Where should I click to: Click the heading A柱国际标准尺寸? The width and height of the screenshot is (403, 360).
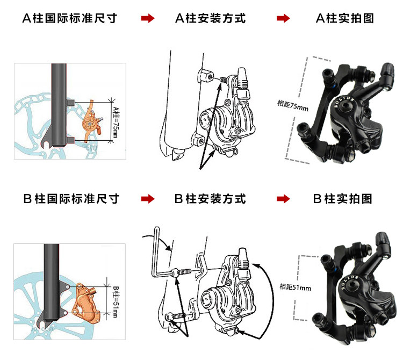point(70,18)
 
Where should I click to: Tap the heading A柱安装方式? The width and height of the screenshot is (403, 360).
point(210,18)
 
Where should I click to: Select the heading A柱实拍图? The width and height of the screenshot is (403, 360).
point(344,18)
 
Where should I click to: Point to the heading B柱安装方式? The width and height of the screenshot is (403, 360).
point(210,199)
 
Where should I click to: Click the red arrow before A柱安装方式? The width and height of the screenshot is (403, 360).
point(147,19)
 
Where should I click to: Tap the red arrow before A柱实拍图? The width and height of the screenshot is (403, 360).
point(283,19)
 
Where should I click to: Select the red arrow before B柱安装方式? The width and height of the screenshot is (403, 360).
point(147,199)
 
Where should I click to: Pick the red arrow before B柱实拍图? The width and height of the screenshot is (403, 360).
point(283,199)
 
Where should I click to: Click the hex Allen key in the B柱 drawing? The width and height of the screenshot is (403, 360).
point(159,253)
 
